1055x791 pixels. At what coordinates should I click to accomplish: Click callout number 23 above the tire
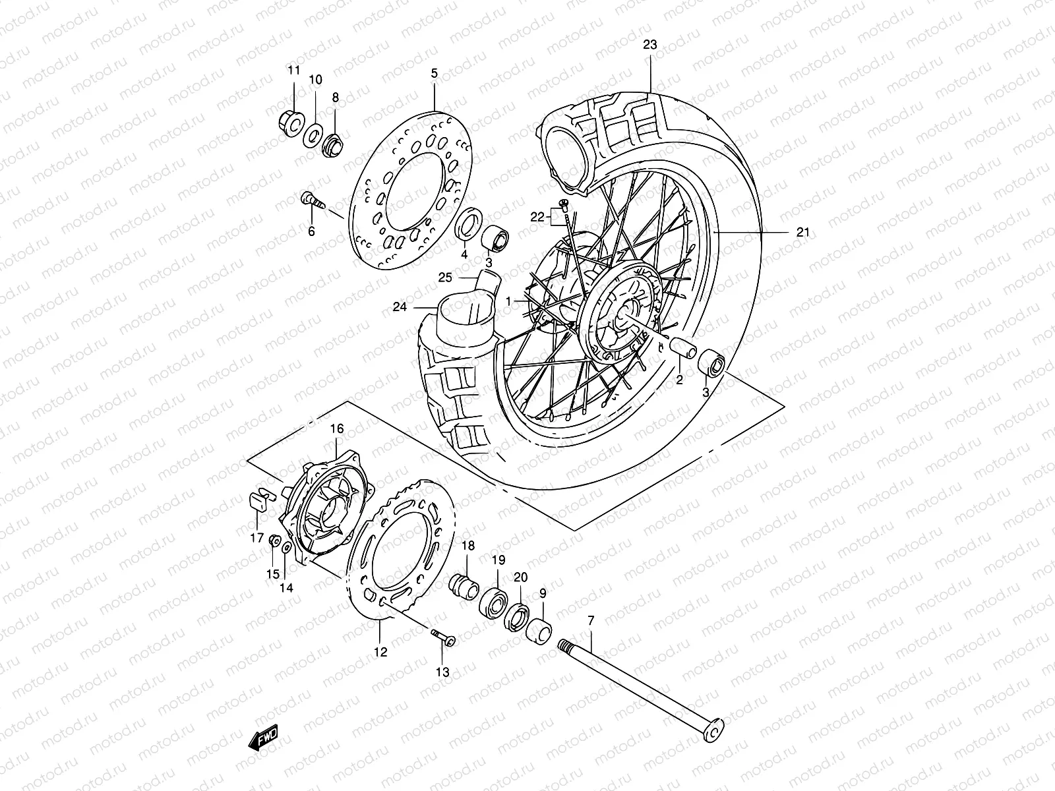tap(650, 45)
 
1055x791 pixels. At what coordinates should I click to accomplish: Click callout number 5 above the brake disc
tap(435, 73)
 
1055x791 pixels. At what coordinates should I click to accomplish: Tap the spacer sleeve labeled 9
tap(539, 628)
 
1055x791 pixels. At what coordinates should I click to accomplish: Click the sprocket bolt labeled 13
tap(444, 637)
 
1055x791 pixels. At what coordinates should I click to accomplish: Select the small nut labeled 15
tap(273, 542)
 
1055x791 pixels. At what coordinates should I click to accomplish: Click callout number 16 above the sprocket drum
tap(337, 428)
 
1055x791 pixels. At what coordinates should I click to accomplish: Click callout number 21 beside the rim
tap(802, 232)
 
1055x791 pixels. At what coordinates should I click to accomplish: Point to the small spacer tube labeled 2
tap(680, 347)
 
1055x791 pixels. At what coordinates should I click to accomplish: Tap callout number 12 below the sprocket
tap(381, 652)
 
